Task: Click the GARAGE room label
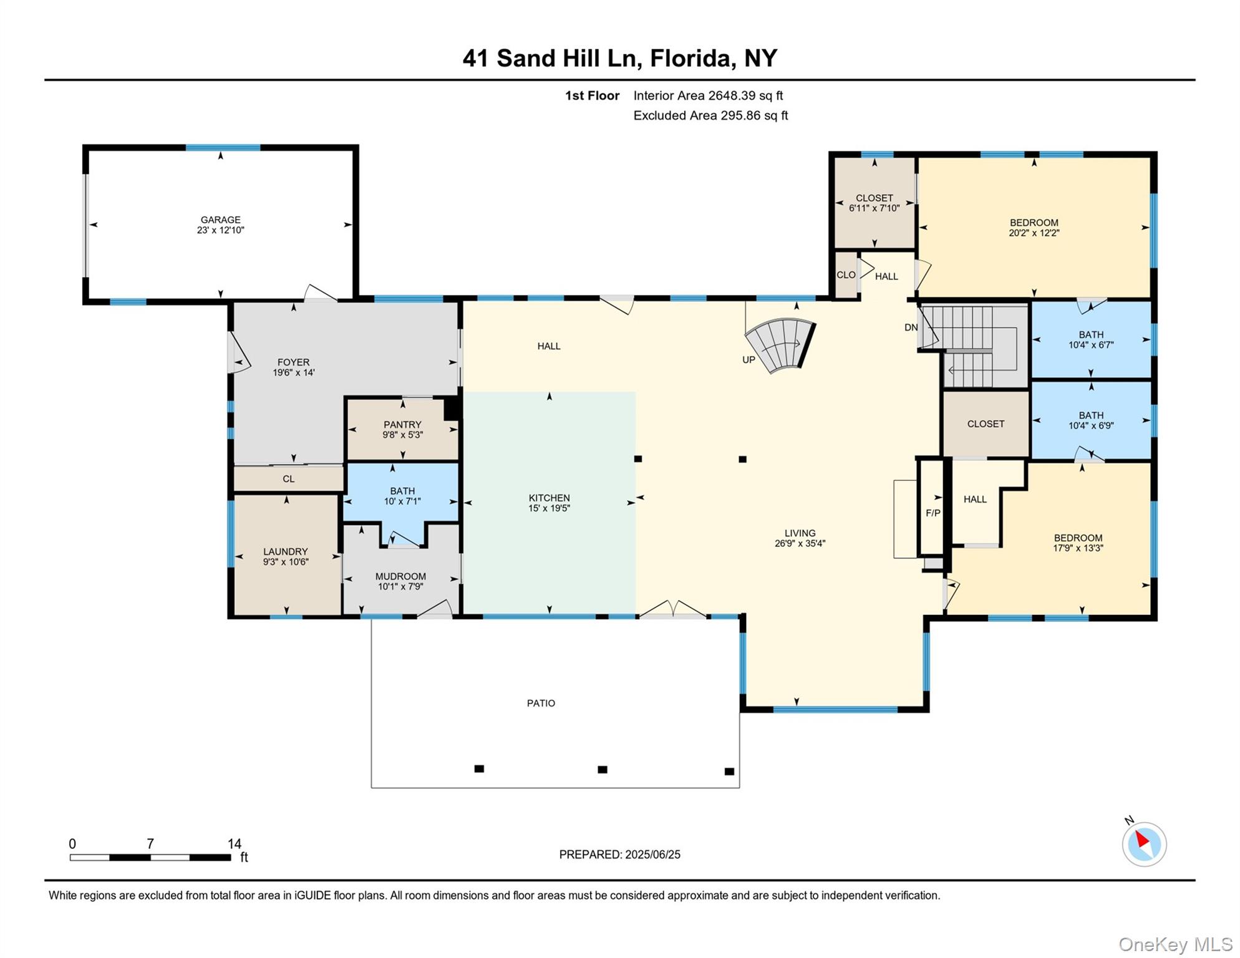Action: (220, 220)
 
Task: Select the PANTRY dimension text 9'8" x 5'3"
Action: (402, 435)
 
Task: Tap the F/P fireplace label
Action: (932, 513)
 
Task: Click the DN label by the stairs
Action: (911, 327)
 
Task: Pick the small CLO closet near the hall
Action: (846, 274)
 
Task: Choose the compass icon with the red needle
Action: (1144, 844)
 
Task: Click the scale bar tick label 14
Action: (234, 843)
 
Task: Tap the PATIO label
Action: (541, 703)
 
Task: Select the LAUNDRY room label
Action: (285, 551)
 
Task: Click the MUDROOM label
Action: (400, 576)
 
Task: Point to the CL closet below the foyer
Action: (288, 479)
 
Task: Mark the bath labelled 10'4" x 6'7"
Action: (1091, 339)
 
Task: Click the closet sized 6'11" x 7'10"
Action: (874, 203)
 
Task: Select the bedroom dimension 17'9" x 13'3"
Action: (1078, 548)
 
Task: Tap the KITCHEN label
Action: (549, 498)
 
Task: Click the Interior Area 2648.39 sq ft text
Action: (708, 95)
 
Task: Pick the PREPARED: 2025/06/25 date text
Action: (619, 854)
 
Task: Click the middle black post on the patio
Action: (602, 769)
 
